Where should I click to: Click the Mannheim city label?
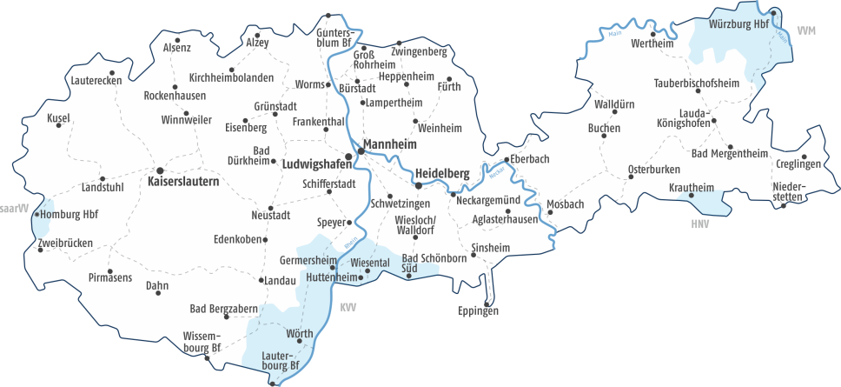(x=390, y=143)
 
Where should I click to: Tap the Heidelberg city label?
(x=442, y=173)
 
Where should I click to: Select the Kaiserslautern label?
(x=183, y=183)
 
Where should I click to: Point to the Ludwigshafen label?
(x=312, y=161)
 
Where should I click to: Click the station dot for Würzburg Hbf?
(x=773, y=12)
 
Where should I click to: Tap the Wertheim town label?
(x=652, y=44)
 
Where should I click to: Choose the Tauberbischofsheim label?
(x=696, y=83)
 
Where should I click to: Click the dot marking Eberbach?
(x=507, y=159)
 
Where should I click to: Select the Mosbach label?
(x=566, y=204)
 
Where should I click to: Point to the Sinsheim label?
(x=490, y=248)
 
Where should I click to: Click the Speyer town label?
(x=331, y=222)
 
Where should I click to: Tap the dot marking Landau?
(x=262, y=280)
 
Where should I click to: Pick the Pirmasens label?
(x=110, y=277)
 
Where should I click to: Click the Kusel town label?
(x=58, y=118)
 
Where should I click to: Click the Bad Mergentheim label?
(x=730, y=154)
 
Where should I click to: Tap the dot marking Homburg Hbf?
(x=38, y=213)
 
